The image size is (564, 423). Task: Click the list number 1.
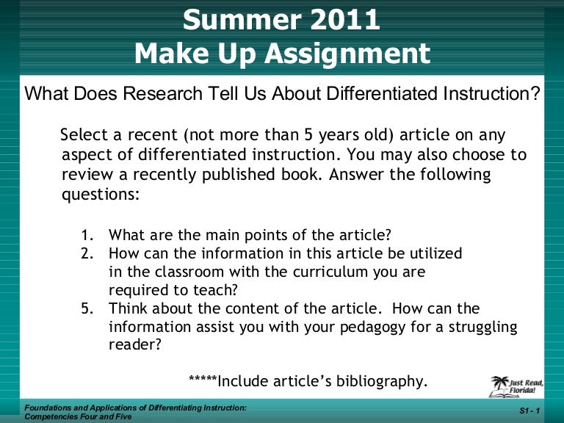tap(87, 236)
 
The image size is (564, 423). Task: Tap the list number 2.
tap(87, 253)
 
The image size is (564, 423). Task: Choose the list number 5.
tap(87, 308)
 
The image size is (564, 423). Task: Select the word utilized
tap(430, 253)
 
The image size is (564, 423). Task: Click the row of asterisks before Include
tap(203, 380)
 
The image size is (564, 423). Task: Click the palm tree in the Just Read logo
tap(499, 384)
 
